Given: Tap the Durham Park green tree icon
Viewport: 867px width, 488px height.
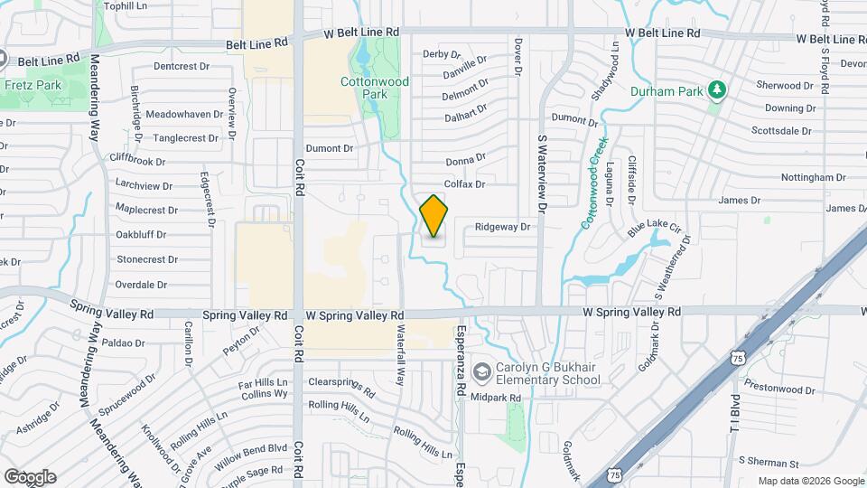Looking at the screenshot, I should pos(717,89).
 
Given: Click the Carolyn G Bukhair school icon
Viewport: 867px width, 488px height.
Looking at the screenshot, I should pos(482,371).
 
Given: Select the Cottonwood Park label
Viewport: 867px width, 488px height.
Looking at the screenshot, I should pos(375,88).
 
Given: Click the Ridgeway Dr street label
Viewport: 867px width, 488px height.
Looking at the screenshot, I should pos(502,228).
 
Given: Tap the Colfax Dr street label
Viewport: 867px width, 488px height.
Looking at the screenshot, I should pos(465,184).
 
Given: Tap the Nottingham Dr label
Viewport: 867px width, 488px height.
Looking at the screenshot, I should pos(813,178).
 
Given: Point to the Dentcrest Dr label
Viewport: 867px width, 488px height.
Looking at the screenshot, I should pos(181,66).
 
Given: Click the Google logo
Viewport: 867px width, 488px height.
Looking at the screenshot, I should pos(30,477).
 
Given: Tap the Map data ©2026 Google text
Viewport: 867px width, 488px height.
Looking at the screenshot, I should pos(810,481).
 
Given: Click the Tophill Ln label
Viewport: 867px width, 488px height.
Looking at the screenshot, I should pos(126,5).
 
